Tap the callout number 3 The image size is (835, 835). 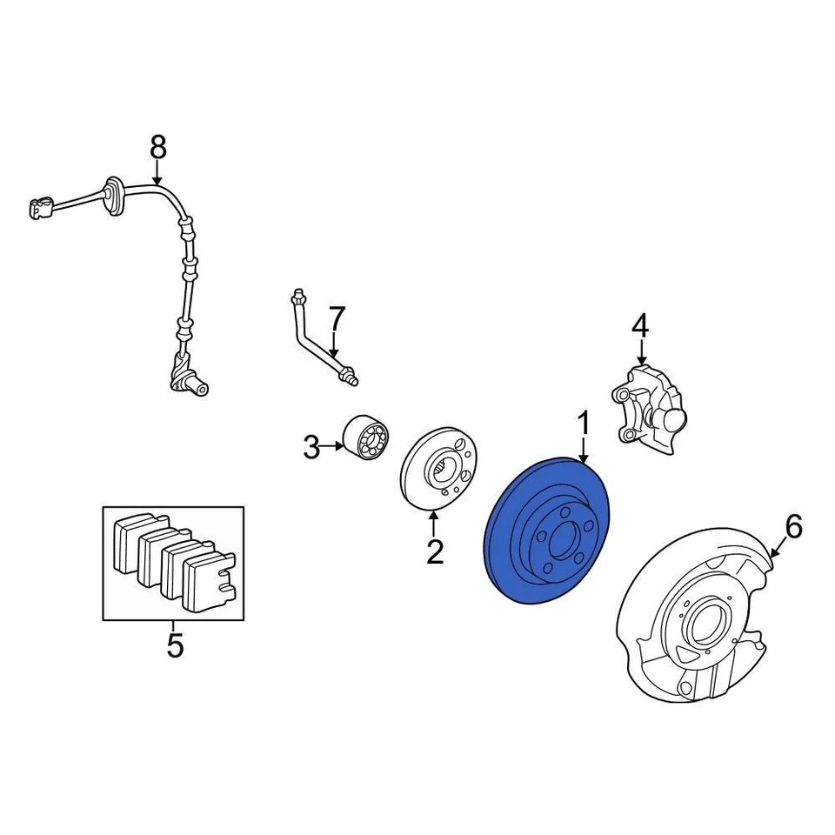click(311, 448)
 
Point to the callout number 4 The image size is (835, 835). click(640, 326)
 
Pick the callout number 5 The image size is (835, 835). click(175, 645)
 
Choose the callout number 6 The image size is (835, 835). click(793, 526)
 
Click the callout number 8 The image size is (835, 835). click(157, 148)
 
